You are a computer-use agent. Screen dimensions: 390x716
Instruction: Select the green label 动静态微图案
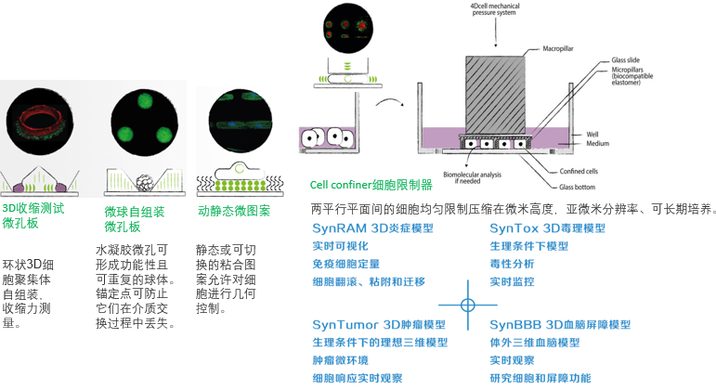pyautogui.click(x=234, y=211)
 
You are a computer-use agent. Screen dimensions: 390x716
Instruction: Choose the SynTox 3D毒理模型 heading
pyautogui.click(x=547, y=228)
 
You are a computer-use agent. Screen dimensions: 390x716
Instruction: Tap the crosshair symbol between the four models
pyautogui.click(x=468, y=305)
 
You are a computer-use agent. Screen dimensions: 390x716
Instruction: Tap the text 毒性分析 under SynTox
pyautogui.click(x=512, y=264)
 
